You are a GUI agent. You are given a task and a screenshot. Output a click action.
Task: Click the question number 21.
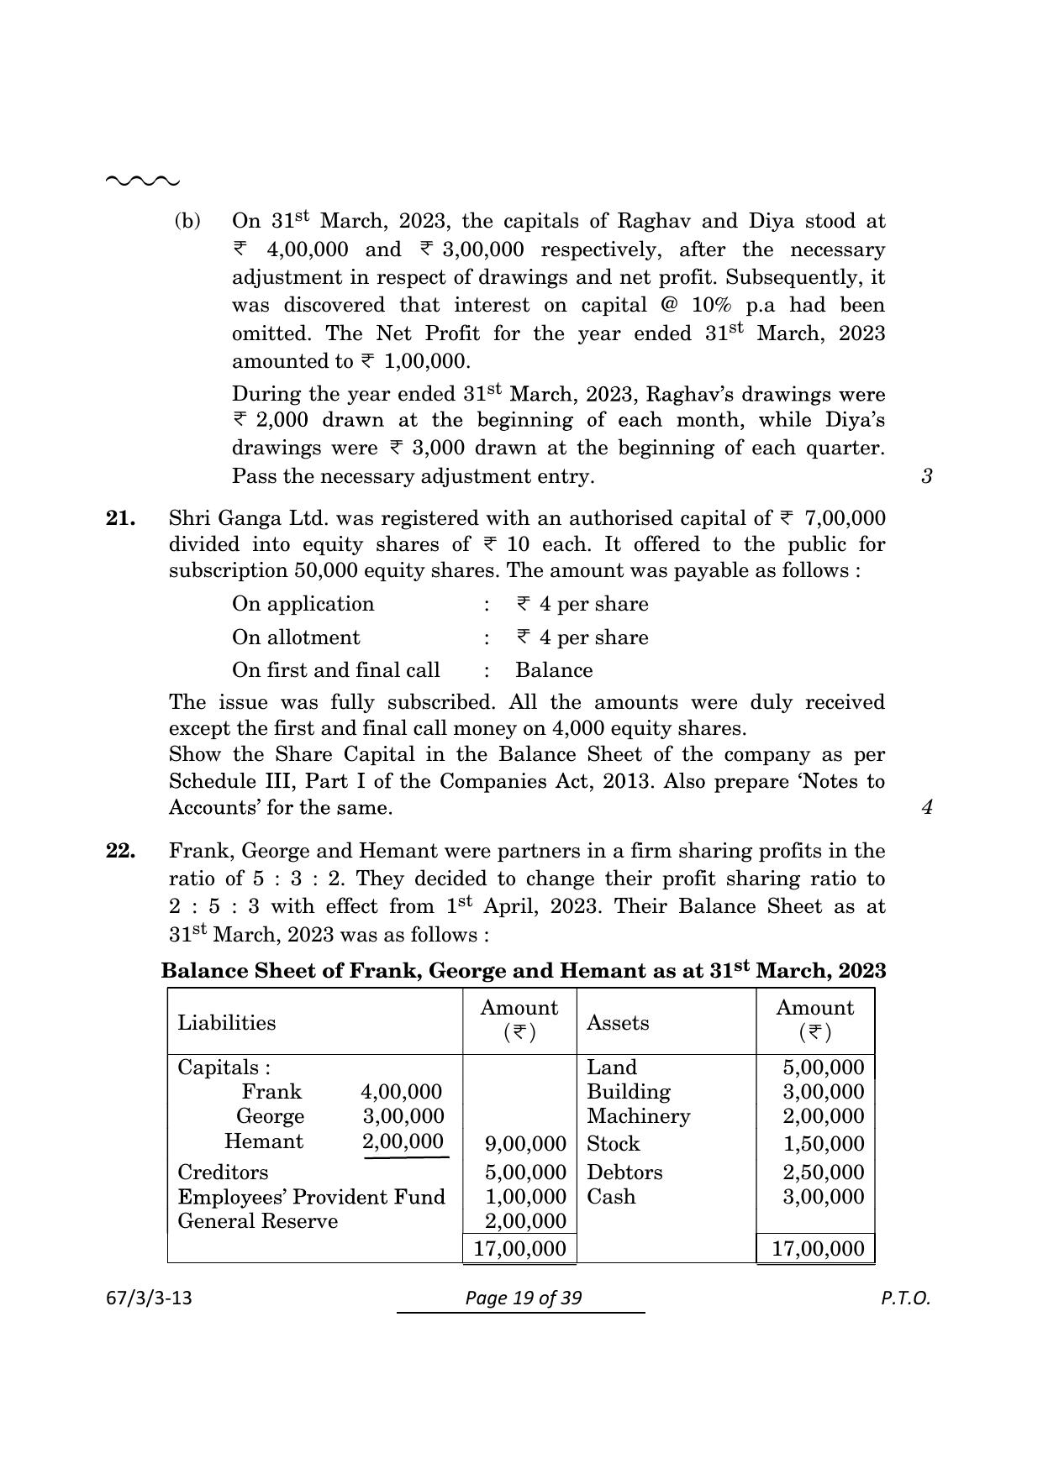121,518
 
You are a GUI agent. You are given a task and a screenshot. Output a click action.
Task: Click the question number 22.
121,851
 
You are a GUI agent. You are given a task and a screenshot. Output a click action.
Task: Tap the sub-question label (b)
187,221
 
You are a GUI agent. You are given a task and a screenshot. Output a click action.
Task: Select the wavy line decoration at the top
142,181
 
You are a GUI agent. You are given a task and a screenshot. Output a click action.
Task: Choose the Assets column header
618,1022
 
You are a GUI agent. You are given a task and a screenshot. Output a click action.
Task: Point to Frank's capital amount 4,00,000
401,1092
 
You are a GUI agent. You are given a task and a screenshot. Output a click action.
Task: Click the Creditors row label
223,1172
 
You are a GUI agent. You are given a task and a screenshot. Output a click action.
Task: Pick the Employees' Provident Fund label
311,1197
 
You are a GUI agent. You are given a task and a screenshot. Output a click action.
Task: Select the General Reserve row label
257,1221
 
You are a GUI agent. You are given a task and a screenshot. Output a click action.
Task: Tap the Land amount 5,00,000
823,1067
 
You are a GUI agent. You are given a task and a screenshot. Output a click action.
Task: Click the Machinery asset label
638,1116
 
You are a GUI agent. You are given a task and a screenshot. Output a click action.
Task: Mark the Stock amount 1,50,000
823,1144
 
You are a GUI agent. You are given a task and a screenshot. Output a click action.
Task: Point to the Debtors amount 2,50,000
823,1172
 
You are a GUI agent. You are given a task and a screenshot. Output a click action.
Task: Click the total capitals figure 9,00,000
525,1144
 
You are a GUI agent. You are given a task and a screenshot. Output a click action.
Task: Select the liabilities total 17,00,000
519,1249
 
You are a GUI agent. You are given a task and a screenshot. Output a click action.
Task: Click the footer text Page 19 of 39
523,1298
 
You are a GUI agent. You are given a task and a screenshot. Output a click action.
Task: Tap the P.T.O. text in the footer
905,1298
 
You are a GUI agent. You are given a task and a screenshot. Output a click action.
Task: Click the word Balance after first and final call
553,670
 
